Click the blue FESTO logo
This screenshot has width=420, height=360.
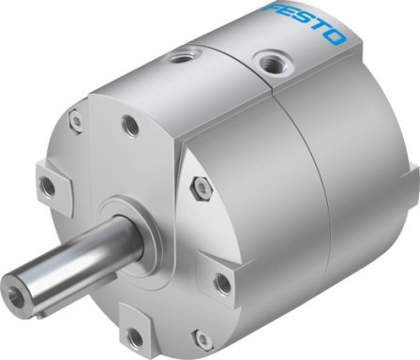coord(306,25)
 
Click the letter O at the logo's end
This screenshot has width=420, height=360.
coord(335,37)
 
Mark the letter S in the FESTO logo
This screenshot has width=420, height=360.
coord(306,24)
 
